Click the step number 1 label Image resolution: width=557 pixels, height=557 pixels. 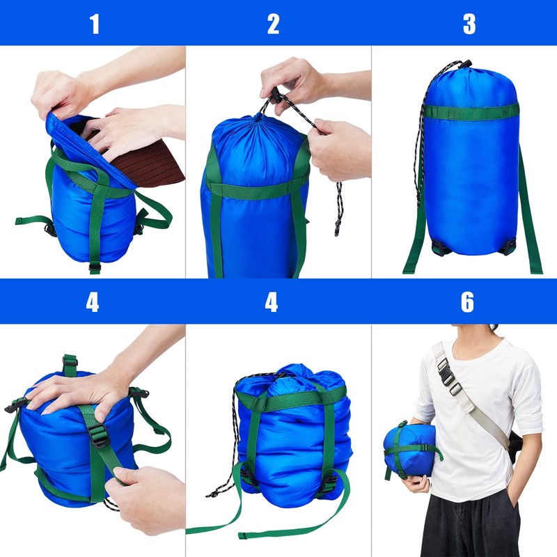94,24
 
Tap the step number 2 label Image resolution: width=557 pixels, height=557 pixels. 273,24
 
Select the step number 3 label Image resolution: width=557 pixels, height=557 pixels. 469,24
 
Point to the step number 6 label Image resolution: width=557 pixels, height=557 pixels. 467,302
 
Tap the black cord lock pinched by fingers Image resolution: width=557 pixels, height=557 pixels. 274,97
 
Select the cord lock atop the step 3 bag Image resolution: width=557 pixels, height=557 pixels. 466,64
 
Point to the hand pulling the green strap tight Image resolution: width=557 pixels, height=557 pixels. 150,498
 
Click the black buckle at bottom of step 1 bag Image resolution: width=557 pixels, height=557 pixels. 95,266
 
